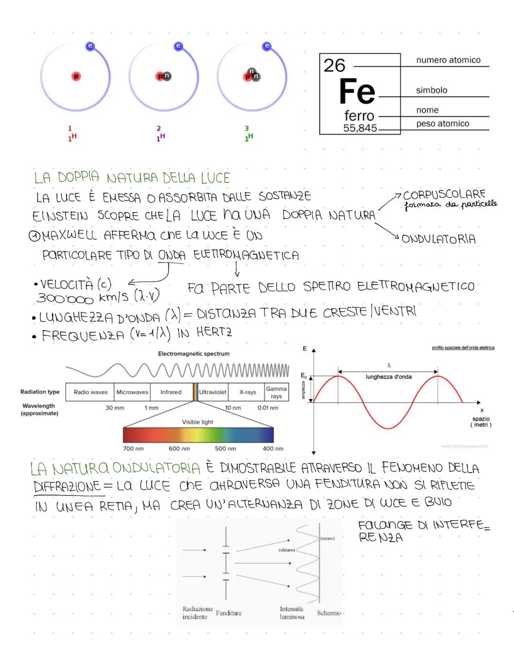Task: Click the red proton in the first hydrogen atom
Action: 76,76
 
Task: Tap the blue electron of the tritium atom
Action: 267,46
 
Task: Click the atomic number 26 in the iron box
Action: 334,66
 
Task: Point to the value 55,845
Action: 360,128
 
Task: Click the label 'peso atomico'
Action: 443,124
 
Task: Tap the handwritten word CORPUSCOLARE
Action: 444,195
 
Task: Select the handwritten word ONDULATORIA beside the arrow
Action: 438,238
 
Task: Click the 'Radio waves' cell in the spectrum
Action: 90,392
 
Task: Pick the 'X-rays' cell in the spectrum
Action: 247,392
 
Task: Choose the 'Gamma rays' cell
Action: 277,392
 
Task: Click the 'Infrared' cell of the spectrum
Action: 171,392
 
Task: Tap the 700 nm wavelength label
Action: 133,448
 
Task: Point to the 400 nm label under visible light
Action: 273,448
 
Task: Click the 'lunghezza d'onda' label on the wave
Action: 388,377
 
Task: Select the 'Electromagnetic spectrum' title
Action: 194,354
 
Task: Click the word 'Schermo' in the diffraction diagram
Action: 329,613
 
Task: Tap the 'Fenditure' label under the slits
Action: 228,613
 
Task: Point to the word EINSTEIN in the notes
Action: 60,216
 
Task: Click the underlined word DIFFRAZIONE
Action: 67,486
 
